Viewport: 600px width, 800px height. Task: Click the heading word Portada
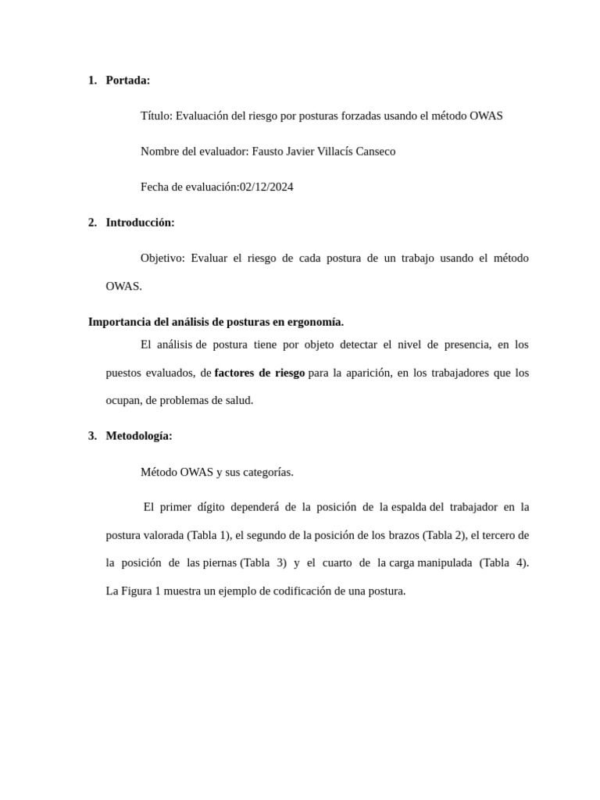127,80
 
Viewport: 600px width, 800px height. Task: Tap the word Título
155,116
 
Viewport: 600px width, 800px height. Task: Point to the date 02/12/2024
266,187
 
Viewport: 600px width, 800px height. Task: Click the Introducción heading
140,223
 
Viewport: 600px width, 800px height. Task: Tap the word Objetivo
162,258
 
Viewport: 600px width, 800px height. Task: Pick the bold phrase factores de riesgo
259,373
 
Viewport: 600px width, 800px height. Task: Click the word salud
237,400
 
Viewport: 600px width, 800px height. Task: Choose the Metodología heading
138,436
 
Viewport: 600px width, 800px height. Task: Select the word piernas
220,562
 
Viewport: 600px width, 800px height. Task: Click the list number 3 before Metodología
92,436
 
